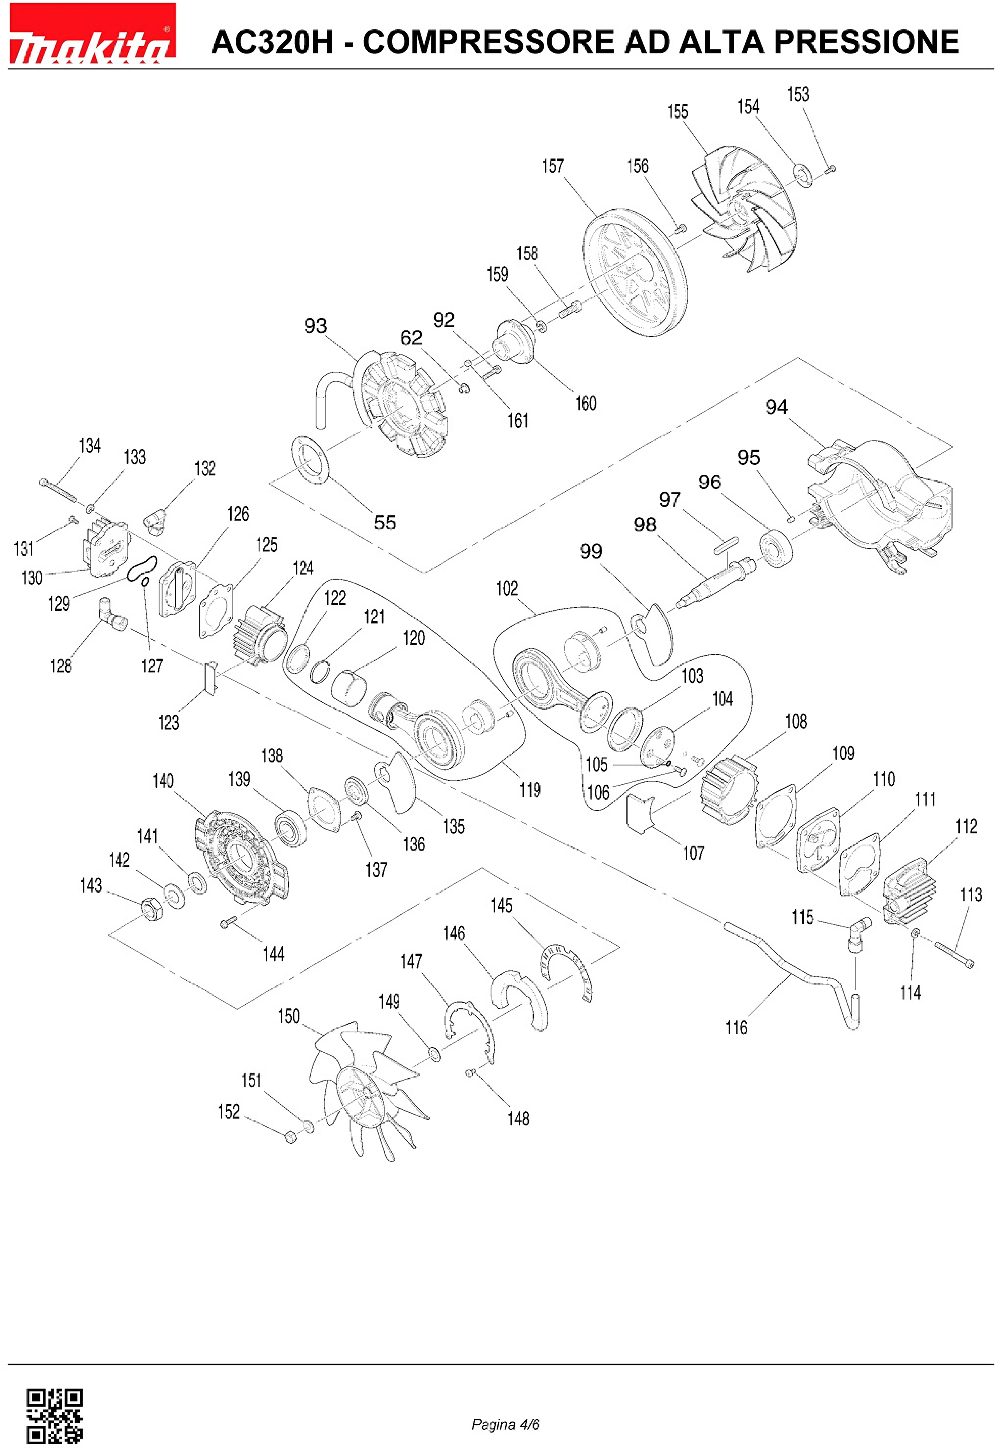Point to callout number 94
point(777,407)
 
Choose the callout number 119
point(530,790)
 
